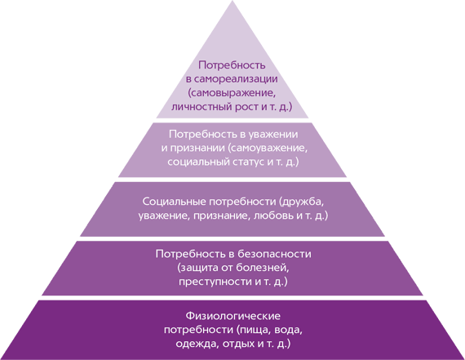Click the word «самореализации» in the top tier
(237, 79)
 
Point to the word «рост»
(246, 107)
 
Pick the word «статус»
(246, 162)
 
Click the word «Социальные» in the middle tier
(174, 202)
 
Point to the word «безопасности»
(275, 254)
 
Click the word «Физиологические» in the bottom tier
(232, 316)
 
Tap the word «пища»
(254, 330)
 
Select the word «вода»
(288, 330)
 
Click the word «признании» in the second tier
(197, 149)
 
